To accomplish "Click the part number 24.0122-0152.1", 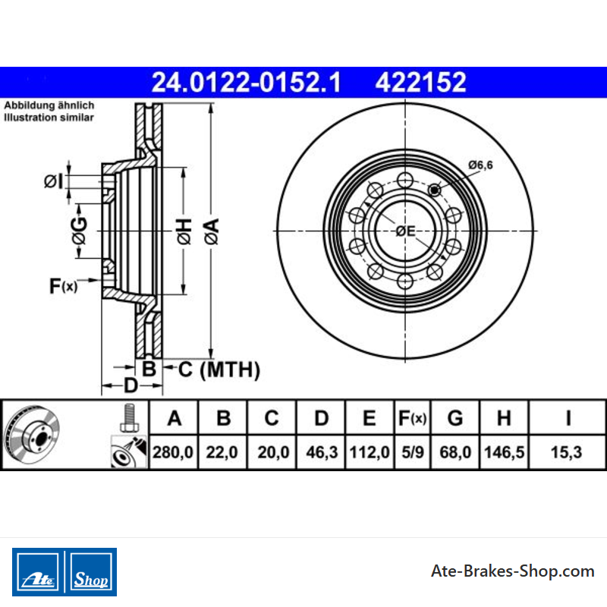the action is pyautogui.click(x=246, y=83).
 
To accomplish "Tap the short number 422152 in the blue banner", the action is pyautogui.click(x=420, y=83).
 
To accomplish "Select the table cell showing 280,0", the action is pyautogui.click(x=173, y=452).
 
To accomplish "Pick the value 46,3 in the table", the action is pyautogui.click(x=322, y=452).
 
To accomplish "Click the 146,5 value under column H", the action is pyautogui.click(x=504, y=452).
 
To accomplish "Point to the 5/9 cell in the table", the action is pyautogui.click(x=412, y=452).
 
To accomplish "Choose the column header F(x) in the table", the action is pyautogui.click(x=412, y=418).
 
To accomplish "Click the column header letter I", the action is pyautogui.click(x=568, y=418).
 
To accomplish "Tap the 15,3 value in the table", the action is pyautogui.click(x=566, y=452).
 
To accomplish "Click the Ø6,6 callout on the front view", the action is pyautogui.click(x=480, y=165).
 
